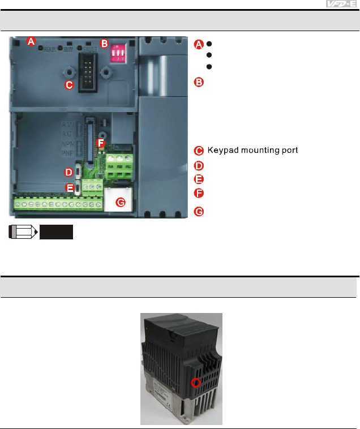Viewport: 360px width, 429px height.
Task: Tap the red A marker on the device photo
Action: click(31, 41)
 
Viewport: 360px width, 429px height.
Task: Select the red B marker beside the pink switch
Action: click(104, 44)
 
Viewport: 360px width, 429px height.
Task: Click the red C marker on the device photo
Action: click(68, 85)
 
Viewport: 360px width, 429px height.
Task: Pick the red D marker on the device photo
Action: click(68, 171)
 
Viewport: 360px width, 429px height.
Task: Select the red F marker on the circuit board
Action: click(101, 144)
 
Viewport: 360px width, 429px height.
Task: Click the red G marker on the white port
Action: click(119, 201)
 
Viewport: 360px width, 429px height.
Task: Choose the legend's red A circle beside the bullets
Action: click(198, 44)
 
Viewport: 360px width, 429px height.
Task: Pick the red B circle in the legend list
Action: click(198, 83)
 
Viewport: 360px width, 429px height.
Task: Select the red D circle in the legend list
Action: click(198, 166)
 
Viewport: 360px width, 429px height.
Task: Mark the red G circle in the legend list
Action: click(198, 212)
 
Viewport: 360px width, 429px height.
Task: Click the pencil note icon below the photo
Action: click(22, 232)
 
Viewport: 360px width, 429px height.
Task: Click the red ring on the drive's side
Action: click(196, 383)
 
